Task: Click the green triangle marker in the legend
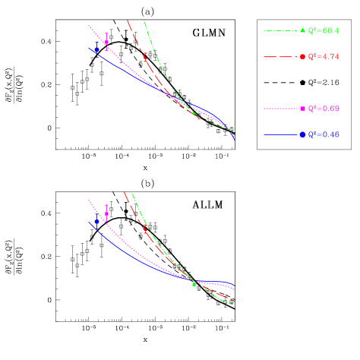tap(302, 30)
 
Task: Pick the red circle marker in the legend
tap(302, 57)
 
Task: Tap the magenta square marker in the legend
tap(302, 109)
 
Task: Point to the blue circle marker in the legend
tap(302, 134)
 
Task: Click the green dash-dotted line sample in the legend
tap(281, 30)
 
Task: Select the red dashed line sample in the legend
tap(281, 57)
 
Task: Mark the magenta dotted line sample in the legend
tap(281, 109)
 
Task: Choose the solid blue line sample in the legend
tap(281, 134)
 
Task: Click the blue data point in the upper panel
tap(96, 50)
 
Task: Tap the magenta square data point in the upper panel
tap(106, 43)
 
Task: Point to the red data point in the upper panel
tap(145, 56)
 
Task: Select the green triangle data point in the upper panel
tap(194, 112)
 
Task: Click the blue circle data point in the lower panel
tap(96, 222)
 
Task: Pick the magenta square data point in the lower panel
tap(106, 213)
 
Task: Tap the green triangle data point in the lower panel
tap(194, 284)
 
